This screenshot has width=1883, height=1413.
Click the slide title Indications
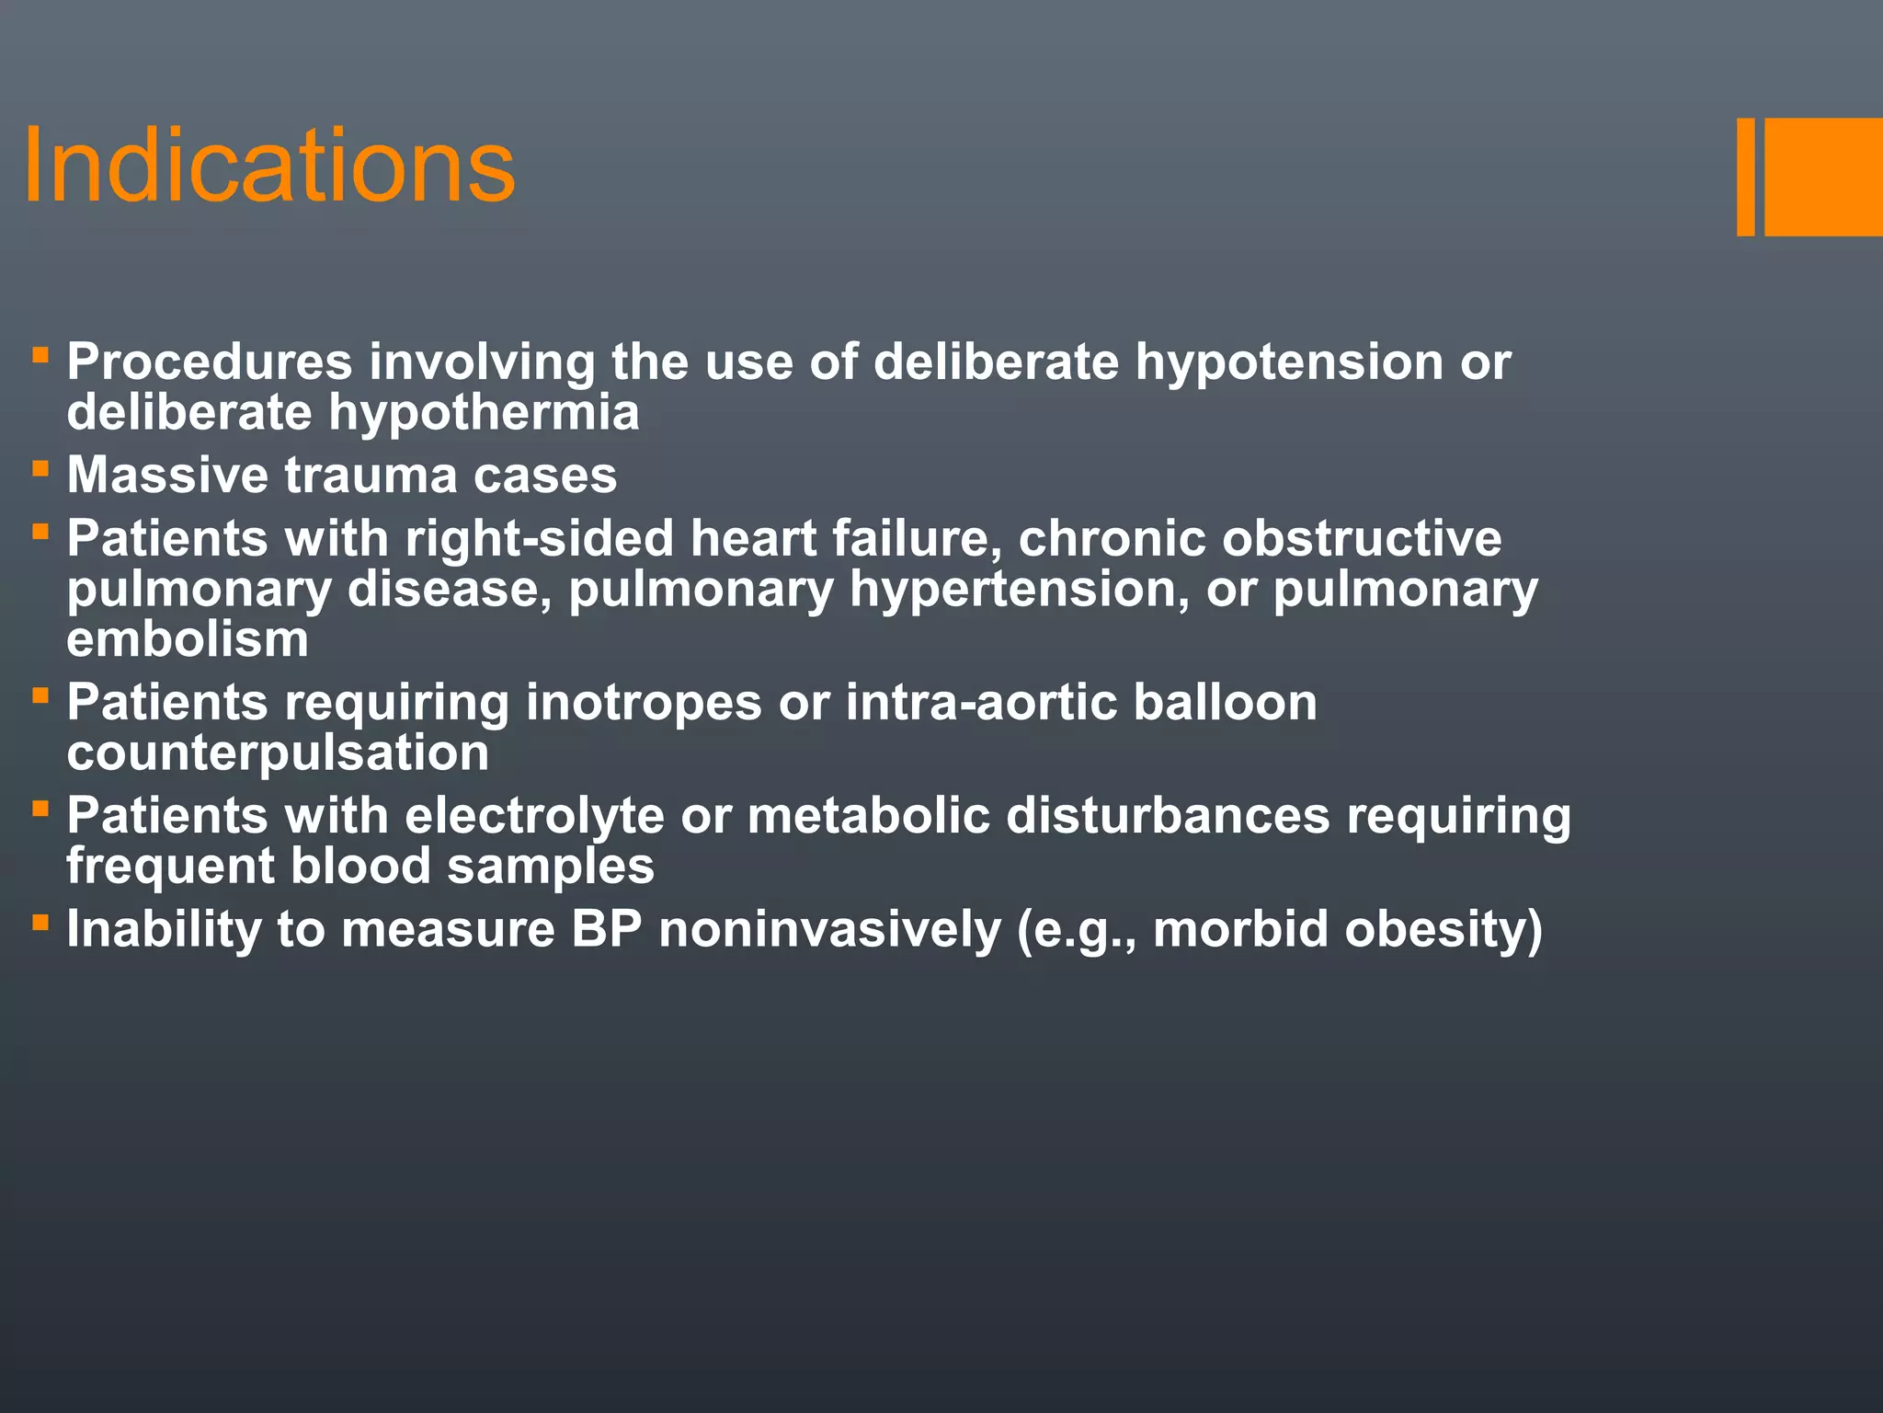268,167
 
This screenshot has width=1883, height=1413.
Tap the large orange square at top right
1823,177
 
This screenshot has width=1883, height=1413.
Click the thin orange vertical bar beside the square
1745,177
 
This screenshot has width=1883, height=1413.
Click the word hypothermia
484,413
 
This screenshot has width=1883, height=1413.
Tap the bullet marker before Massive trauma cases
40,469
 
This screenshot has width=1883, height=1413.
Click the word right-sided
539,538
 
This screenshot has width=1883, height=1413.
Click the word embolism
188,639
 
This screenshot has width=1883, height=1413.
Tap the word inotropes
644,703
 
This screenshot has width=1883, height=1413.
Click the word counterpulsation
278,753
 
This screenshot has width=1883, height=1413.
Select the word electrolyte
534,816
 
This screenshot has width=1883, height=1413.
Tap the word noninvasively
829,929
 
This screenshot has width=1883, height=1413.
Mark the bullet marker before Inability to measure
40,922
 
